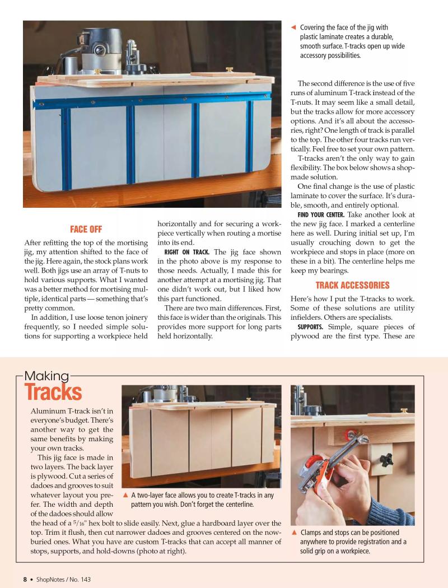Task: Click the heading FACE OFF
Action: (x=86, y=229)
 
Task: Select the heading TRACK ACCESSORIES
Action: (x=352, y=285)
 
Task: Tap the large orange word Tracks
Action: (x=53, y=393)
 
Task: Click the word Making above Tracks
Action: (x=46, y=376)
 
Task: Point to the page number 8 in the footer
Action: (x=25, y=579)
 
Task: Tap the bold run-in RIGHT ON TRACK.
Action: (x=187, y=252)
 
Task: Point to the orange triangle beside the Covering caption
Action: (x=293, y=27)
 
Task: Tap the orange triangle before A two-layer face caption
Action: (x=125, y=494)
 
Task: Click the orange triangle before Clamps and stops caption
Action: (x=293, y=533)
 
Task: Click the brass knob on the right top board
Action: (x=230, y=69)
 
